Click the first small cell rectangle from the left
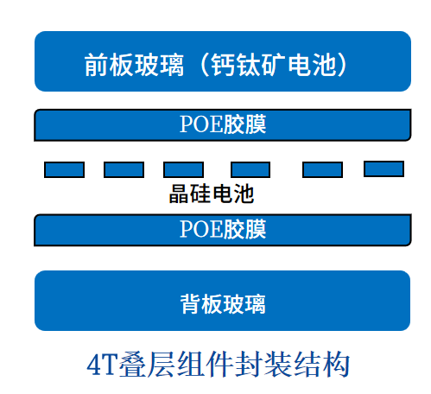pos(64,169)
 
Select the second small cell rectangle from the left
pos(124,169)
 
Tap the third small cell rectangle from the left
pos(183,169)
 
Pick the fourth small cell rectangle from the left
pos(250,169)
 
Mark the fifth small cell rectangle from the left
pos(322,169)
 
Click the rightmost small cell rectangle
pos(383,168)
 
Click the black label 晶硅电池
pos(212,194)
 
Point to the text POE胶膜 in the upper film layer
pos(223,124)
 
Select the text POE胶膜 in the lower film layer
pos(223,229)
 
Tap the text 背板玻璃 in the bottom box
pos(223,304)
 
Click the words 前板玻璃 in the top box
pos(134,65)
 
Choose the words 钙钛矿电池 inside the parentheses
pos(274,65)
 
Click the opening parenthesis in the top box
pos(204,65)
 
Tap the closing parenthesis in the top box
pos(343,65)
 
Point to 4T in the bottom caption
pos(103,365)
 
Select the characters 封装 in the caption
pos(263,365)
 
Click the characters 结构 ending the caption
pos(321,365)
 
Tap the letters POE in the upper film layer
pos(201,124)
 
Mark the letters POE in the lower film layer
pos(201,229)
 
